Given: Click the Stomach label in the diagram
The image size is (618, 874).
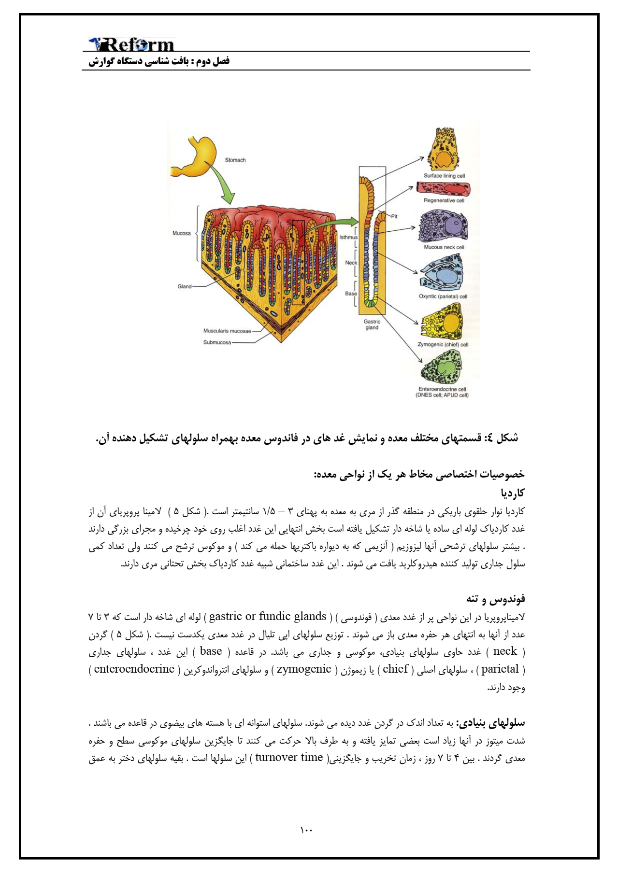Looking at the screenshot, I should click(235, 160).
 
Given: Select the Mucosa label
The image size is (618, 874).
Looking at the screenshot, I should click(182, 234).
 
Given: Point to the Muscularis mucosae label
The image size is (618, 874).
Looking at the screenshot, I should click(227, 331).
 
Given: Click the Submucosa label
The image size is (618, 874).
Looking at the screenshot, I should click(217, 343).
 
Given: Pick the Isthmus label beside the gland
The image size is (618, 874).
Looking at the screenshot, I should click(348, 238).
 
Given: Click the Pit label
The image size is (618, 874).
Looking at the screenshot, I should click(394, 217).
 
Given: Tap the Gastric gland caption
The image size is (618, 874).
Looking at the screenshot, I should click(372, 324).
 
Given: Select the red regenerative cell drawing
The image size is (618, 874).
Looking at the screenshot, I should click(444, 189).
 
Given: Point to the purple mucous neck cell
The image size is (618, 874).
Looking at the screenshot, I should click(443, 226).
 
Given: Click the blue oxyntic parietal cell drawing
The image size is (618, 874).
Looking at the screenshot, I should click(442, 273).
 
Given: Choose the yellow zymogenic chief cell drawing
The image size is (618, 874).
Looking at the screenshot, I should click(442, 322).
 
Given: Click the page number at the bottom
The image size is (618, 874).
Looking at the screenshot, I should click(306, 830).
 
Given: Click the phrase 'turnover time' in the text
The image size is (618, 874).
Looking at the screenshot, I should click(289, 758).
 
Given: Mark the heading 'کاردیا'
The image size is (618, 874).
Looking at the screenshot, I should click(513, 493).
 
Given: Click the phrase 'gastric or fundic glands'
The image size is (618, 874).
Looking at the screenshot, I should click(268, 617).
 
